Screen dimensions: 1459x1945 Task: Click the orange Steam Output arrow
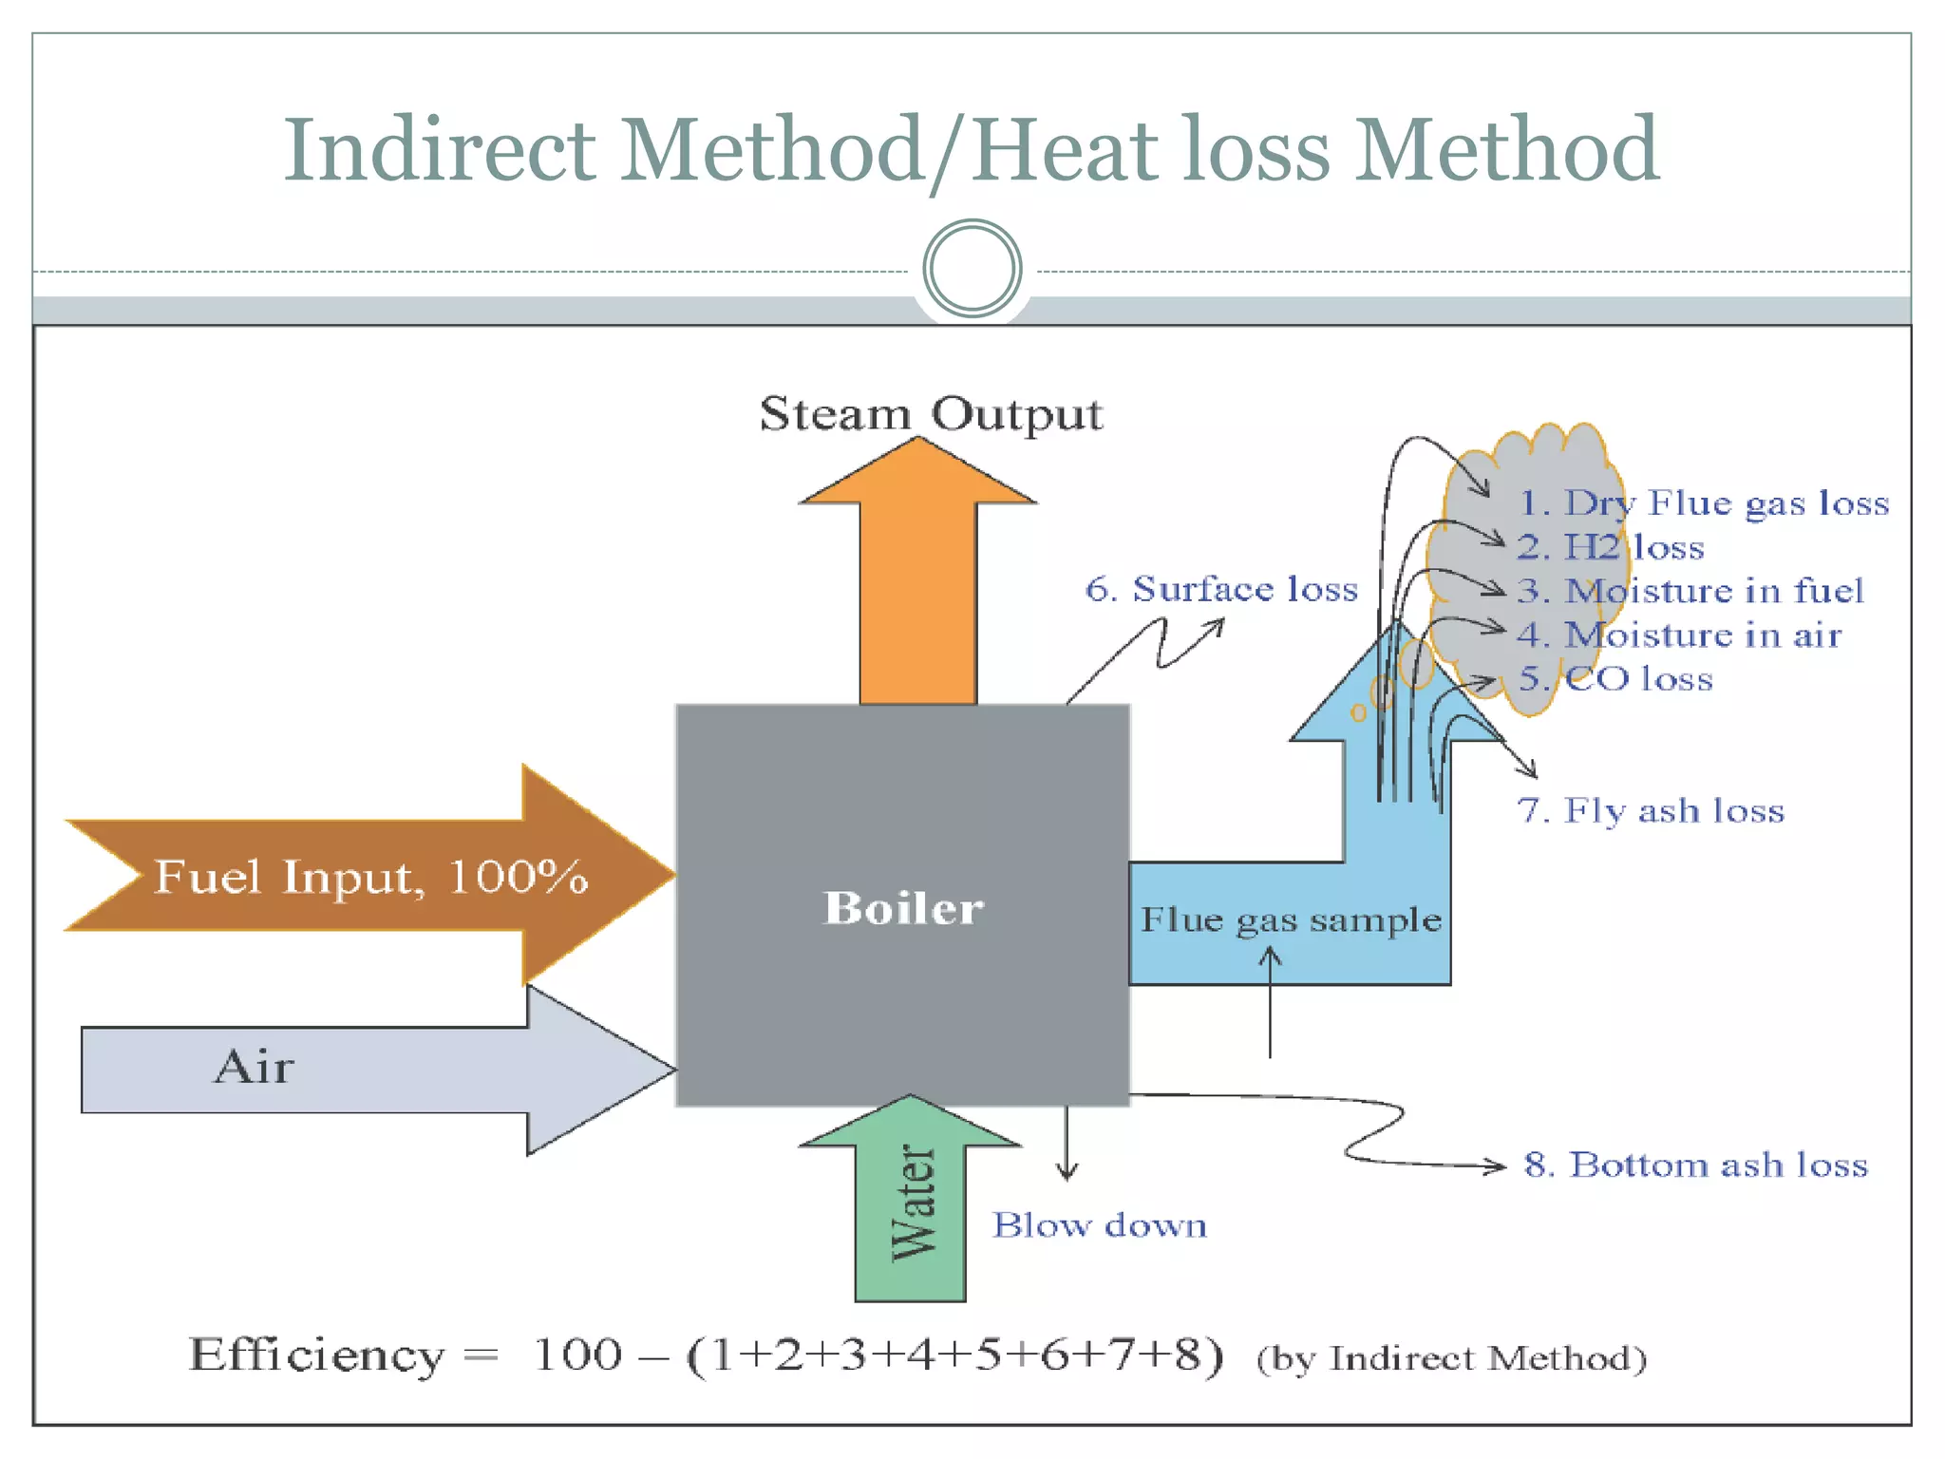917,589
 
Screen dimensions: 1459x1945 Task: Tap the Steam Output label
931,414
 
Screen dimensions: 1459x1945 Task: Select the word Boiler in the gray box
903,908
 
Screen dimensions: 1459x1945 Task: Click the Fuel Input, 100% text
370,876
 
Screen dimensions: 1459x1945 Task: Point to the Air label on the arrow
254,1067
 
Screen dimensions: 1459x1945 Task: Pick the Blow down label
1100,1225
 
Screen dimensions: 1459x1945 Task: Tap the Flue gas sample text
1290,919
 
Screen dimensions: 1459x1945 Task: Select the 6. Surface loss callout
1221,589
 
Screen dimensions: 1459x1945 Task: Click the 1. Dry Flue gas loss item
1704,502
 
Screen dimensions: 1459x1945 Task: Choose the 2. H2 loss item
1611,547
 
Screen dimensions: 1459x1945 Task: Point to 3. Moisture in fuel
1690,591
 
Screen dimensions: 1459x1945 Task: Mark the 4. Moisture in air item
1679,635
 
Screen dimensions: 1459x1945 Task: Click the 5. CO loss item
1615,678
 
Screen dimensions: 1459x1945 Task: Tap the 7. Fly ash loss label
1651,810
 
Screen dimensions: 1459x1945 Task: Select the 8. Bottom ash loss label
1696,1165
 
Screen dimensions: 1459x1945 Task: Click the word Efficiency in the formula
316,1355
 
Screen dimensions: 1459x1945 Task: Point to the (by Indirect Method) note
1450,1358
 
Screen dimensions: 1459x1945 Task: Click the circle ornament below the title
972,269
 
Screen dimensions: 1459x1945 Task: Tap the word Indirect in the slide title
440,149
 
